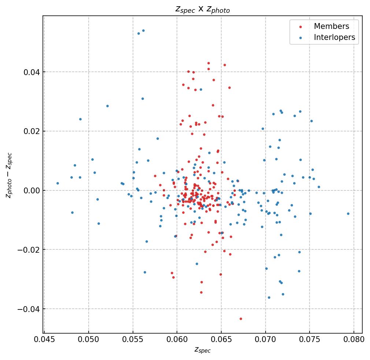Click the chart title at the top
click(203, 10)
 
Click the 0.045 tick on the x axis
click(44, 339)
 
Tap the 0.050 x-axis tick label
click(89, 339)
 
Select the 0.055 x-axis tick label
click(133, 339)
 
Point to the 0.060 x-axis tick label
click(177, 339)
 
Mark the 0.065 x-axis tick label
click(221, 339)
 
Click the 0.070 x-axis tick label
click(266, 339)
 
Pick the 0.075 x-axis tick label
click(310, 339)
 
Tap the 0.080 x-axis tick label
click(354, 339)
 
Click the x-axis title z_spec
click(203, 350)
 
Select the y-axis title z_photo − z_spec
click(10, 175)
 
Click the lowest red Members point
click(241, 319)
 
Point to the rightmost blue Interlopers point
click(348, 214)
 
